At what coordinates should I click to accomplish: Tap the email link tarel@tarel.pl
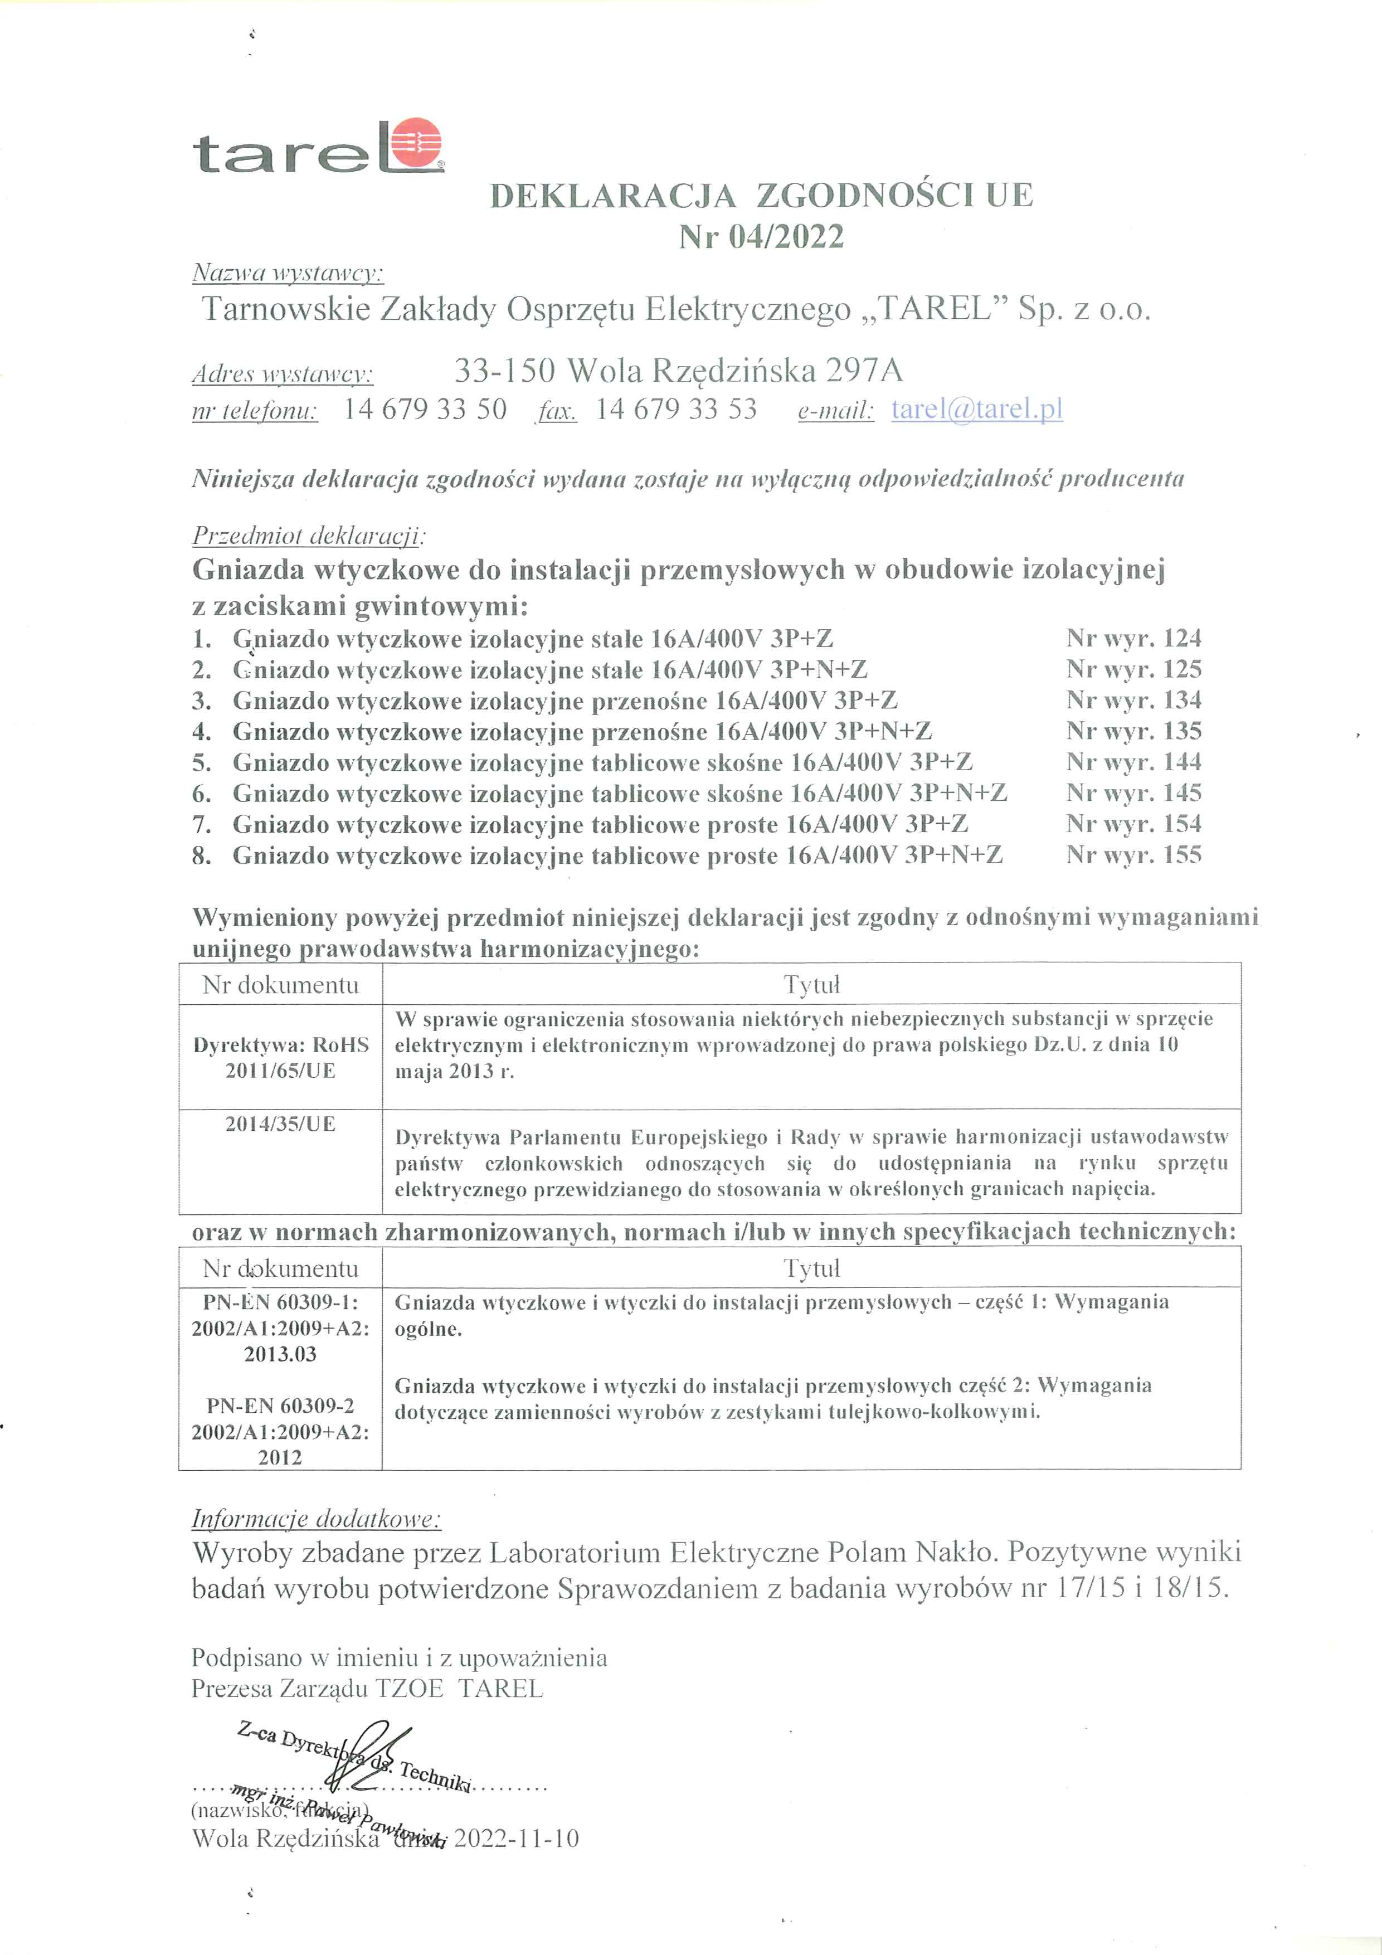coord(977,410)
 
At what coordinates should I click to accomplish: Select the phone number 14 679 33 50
coord(425,410)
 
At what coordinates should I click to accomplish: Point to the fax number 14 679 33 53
coord(676,410)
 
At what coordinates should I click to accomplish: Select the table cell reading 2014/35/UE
coord(280,1124)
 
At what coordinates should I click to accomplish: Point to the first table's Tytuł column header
coord(811,985)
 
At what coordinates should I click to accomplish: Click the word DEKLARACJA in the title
coord(613,196)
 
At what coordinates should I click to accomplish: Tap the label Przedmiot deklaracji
coord(308,537)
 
